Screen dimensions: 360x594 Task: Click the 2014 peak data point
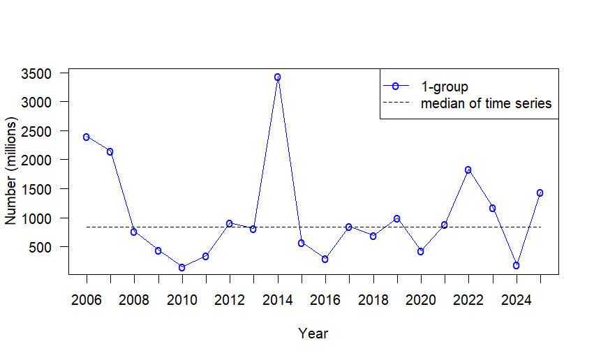277,77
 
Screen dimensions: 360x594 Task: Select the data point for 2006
87,137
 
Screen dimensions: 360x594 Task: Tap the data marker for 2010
181,267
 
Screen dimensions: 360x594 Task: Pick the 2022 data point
468,170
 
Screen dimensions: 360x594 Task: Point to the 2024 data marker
516,265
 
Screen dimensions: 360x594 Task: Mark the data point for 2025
540,193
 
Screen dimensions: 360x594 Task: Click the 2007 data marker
110,151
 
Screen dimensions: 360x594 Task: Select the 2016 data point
325,259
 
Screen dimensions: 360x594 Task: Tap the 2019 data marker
396,218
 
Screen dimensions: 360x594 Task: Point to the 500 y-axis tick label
49,247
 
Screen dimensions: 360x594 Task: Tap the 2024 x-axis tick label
516,300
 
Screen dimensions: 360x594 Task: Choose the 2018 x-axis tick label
373,300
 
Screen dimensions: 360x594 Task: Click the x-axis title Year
313,333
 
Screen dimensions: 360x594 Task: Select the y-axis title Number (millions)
11,170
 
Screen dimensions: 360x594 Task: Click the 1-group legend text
445,87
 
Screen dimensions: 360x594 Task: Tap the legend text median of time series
486,104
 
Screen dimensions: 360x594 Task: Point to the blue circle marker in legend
395,86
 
